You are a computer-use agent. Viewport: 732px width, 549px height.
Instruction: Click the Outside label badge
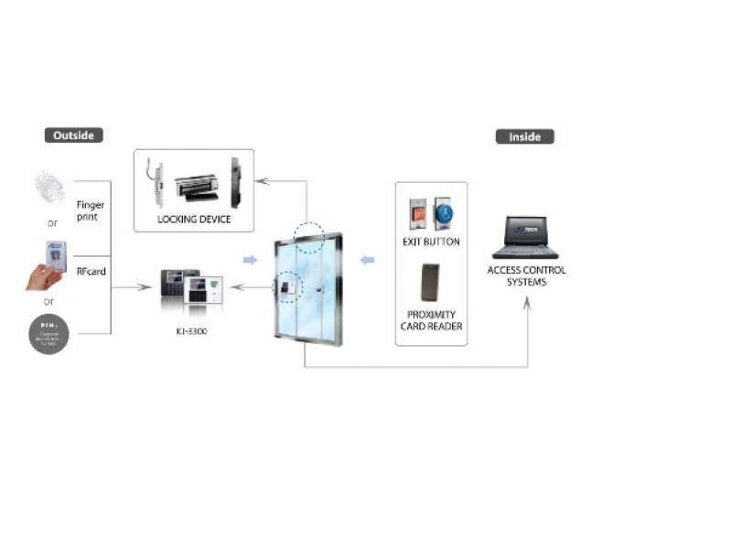coord(73,135)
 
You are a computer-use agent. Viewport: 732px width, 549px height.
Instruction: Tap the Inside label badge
coord(524,136)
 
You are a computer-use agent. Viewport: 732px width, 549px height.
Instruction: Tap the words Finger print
coord(90,211)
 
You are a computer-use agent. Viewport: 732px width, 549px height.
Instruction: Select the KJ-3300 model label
coord(189,330)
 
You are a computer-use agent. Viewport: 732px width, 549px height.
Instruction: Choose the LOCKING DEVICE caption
coord(194,220)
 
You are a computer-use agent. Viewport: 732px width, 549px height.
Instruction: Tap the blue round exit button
coord(443,212)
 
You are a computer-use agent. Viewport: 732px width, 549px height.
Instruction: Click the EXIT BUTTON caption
coord(431,242)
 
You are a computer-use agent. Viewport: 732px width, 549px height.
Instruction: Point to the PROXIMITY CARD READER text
coord(431,320)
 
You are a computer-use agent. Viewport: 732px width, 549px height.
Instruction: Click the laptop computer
coord(526,238)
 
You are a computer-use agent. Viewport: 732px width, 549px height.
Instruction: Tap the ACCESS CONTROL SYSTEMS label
coord(526,275)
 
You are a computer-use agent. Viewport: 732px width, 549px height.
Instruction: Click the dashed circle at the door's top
coord(309,236)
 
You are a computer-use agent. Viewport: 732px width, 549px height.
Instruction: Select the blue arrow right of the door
coord(367,261)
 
